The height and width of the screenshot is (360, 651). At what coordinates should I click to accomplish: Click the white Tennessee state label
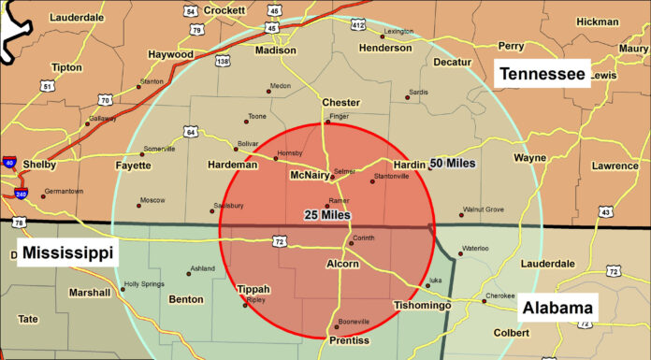[x=543, y=73]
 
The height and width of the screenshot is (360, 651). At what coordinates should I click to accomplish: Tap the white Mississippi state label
[x=67, y=252]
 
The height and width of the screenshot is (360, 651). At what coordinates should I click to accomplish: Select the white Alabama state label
[x=557, y=308]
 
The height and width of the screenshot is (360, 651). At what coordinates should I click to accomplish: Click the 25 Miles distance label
[x=326, y=215]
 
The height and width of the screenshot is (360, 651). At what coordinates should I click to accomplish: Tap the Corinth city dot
[x=352, y=243]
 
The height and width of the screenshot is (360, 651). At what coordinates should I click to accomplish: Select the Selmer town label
[x=344, y=172]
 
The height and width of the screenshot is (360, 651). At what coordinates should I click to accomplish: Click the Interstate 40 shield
[x=8, y=164]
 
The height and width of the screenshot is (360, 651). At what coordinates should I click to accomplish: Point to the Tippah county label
[x=254, y=290]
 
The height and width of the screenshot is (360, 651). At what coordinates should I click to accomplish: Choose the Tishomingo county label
[x=424, y=306]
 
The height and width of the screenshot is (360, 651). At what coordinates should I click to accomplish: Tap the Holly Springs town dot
[x=123, y=289]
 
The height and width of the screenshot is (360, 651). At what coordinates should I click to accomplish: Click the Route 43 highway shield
[x=606, y=212]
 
